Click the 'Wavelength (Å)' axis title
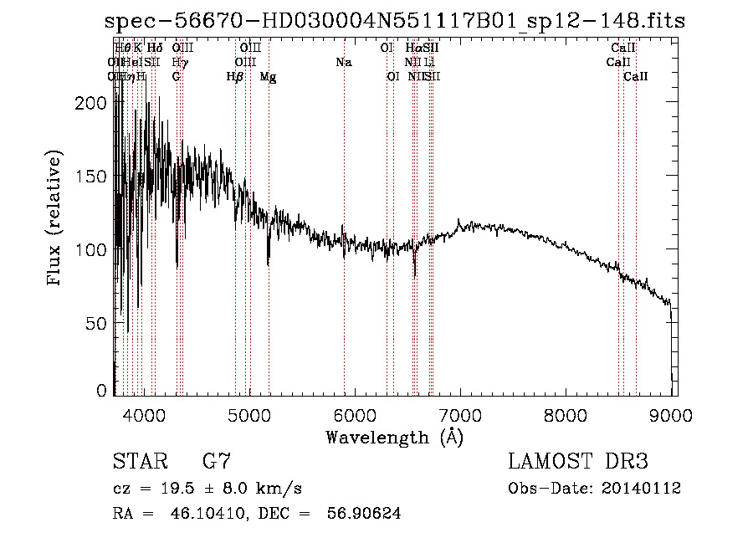tap(394, 437)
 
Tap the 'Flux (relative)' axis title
tap(56, 219)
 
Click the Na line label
tap(344, 62)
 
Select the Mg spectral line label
tap(269, 76)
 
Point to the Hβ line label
tap(235, 76)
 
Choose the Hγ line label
tap(180, 62)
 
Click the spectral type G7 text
tap(216, 462)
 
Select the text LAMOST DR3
tap(578, 462)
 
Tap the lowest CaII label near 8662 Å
tap(636, 76)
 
